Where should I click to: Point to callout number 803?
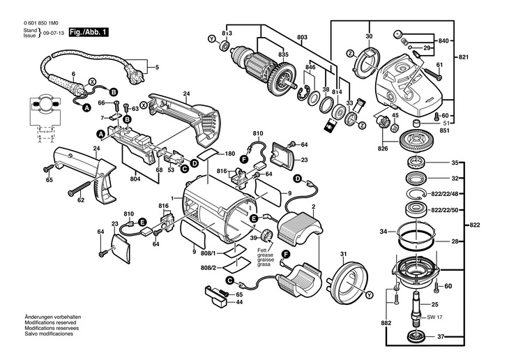301,37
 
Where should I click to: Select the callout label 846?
310,67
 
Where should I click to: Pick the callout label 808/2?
208,267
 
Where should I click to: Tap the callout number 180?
230,153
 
